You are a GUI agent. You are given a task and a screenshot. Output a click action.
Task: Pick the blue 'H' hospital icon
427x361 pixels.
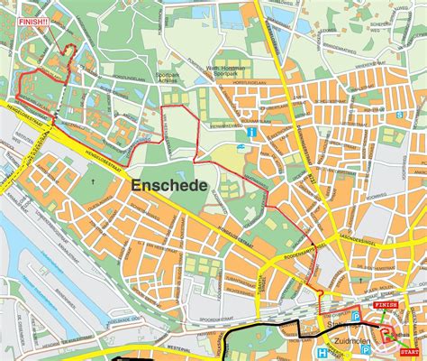click(x=323, y=353)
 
